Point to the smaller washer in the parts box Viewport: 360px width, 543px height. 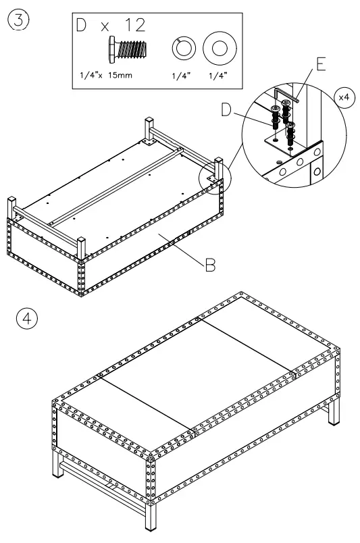184,49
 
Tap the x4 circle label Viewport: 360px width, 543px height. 345,97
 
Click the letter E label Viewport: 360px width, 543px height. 320,65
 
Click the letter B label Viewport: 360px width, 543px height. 210,265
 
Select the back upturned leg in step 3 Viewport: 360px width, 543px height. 149,129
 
